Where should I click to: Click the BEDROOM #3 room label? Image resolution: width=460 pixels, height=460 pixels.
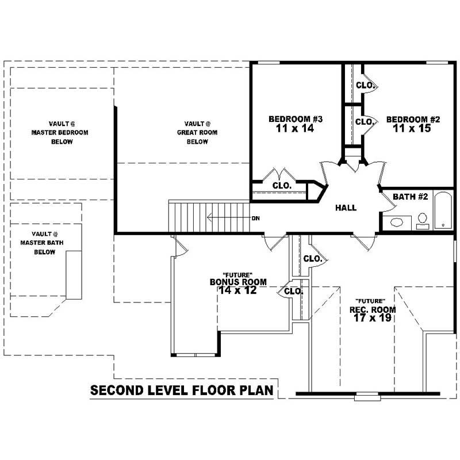pyautogui.click(x=296, y=119)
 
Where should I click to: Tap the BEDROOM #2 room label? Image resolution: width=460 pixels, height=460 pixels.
pyautogui.click(x=413, y=119)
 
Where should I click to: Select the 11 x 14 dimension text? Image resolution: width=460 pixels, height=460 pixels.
pyautogui.click(x=296, y=129)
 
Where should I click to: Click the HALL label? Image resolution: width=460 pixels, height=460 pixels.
pyautogui.click(x=346, y=208)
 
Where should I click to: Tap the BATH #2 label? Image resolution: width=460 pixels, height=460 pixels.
pyautogui.click(x=411, y=197)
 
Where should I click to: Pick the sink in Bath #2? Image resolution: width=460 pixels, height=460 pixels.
pyautogui.click(x=397, y=222)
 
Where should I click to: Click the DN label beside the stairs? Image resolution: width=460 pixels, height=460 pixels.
pyautogui.click(x=256, y=218)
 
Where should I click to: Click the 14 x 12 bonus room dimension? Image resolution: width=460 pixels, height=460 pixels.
pyautogui.click(x=238, y=290)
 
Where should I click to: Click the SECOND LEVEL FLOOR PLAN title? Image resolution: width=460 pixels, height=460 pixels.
pyautogui.click(x=182, y=391)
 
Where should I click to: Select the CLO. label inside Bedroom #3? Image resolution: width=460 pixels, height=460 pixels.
pyautogui.click(x=281, y=186)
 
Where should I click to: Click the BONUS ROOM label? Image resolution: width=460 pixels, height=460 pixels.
pyautogui.click(x=238, y=282)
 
